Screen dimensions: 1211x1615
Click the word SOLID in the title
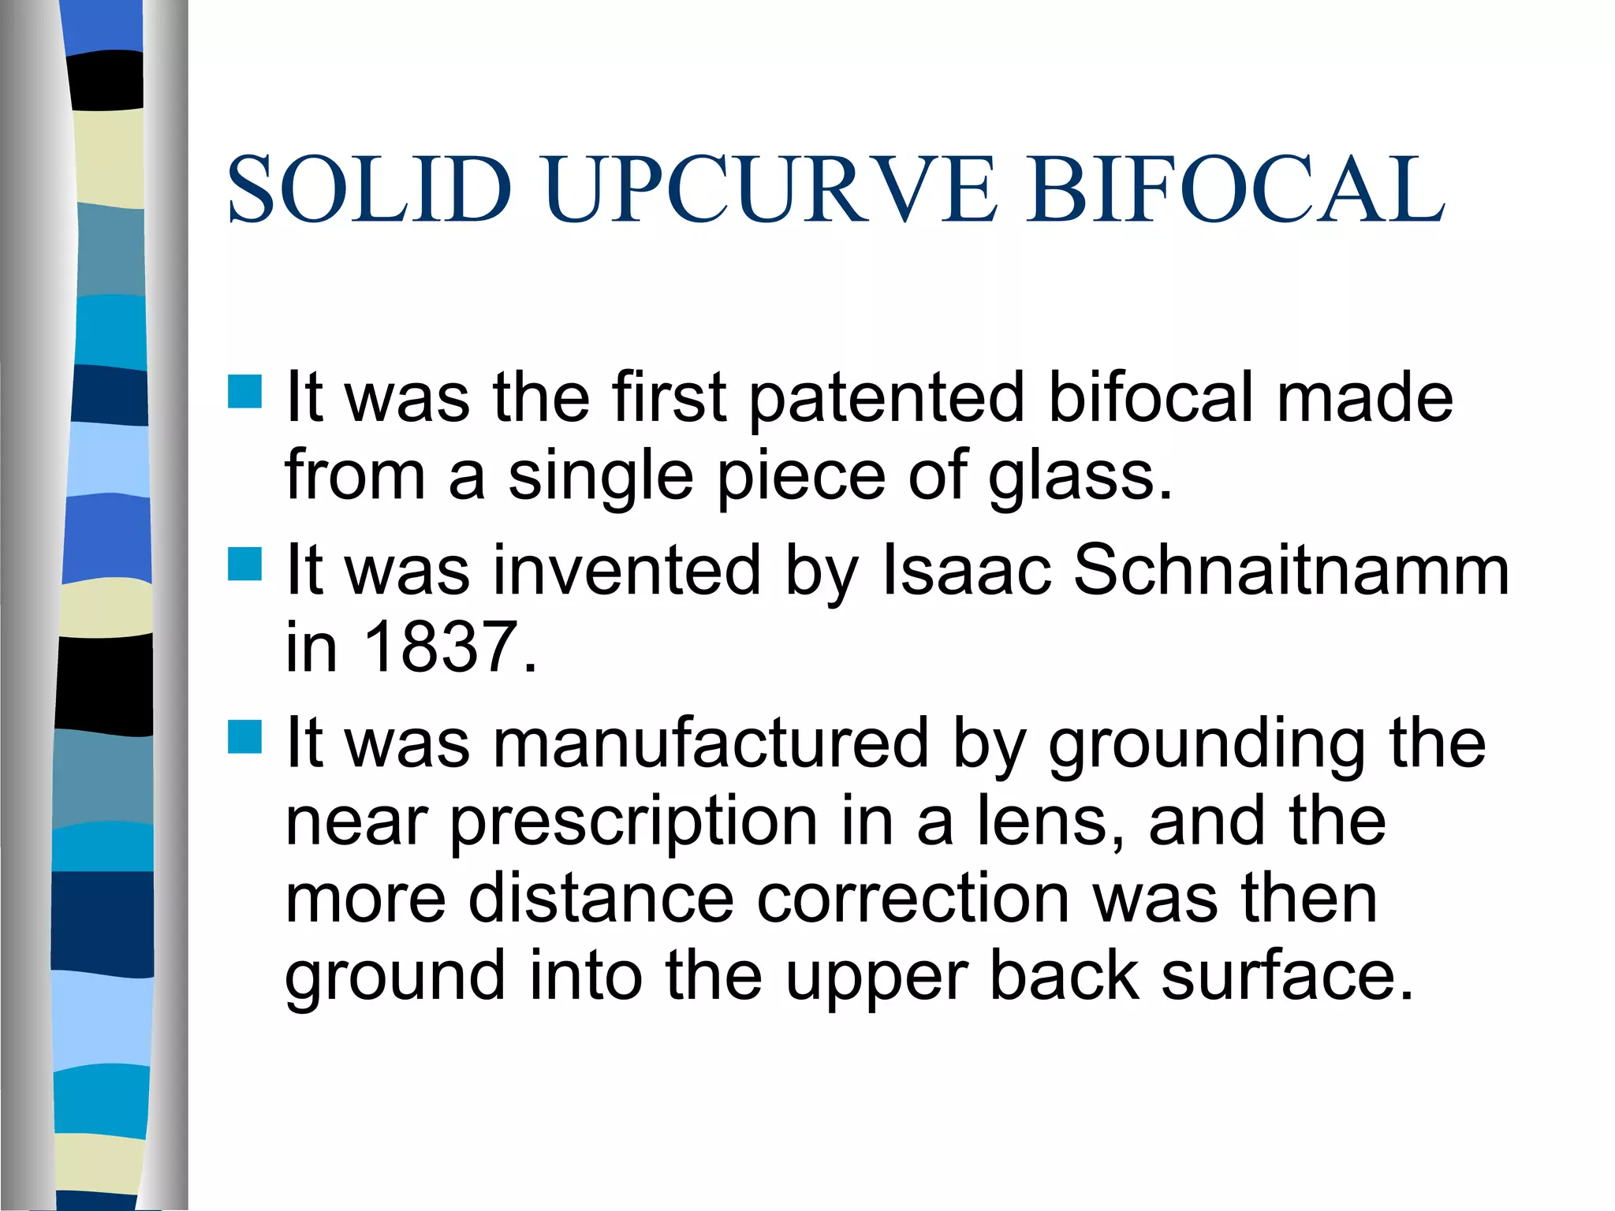(369, 190)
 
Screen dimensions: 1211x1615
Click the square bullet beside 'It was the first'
(244, 391)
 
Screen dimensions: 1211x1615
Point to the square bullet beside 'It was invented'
(244, 564)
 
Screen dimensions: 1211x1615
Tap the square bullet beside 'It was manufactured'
(244, 737)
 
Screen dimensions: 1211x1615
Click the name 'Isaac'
(966, 570)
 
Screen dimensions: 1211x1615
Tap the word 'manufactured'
(711, 743)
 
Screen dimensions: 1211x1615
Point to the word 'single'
(600, 478)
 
